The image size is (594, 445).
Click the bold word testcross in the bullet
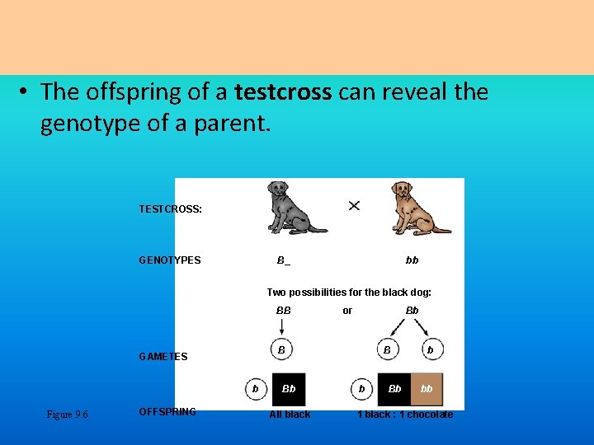point(283,91)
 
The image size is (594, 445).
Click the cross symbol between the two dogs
point(354,205)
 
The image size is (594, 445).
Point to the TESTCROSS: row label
point(171,209)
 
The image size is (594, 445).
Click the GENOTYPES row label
point(170,260)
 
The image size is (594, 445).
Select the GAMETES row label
point(163,357)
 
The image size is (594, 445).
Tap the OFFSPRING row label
point(167,412)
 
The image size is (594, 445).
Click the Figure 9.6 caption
point(68,415)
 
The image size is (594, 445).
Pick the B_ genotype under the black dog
point(283,260)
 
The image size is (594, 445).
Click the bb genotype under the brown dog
point(412,260)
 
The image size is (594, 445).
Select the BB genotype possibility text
point(283,311)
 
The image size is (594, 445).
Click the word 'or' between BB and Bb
point(347,311)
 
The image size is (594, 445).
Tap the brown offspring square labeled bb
point(427,389)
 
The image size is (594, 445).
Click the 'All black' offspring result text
point(290,415)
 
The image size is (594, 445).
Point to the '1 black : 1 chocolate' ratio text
point(405,415)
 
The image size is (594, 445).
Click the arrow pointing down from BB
point(282,327)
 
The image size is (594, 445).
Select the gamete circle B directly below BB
point(282,350)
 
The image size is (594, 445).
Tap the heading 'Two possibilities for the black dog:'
point(349,293)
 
